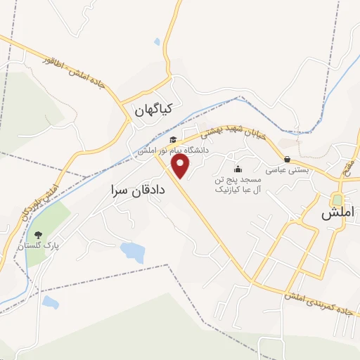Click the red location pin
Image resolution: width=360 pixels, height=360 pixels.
(x=181, y=167)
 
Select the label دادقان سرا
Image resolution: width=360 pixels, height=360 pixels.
(x=139, y=190)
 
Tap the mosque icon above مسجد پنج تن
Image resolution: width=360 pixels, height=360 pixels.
(x=238, y=169)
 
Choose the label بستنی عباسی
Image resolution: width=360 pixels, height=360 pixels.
(x=286, y=169)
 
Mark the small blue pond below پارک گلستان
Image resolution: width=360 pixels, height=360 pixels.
(x=49, y=302)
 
